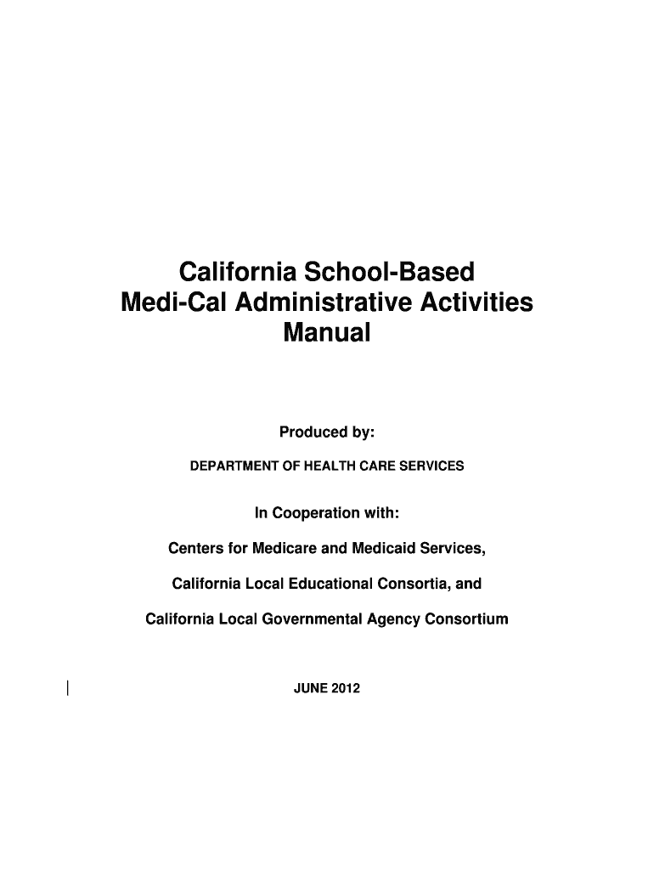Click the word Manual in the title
327,333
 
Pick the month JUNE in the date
310,688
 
